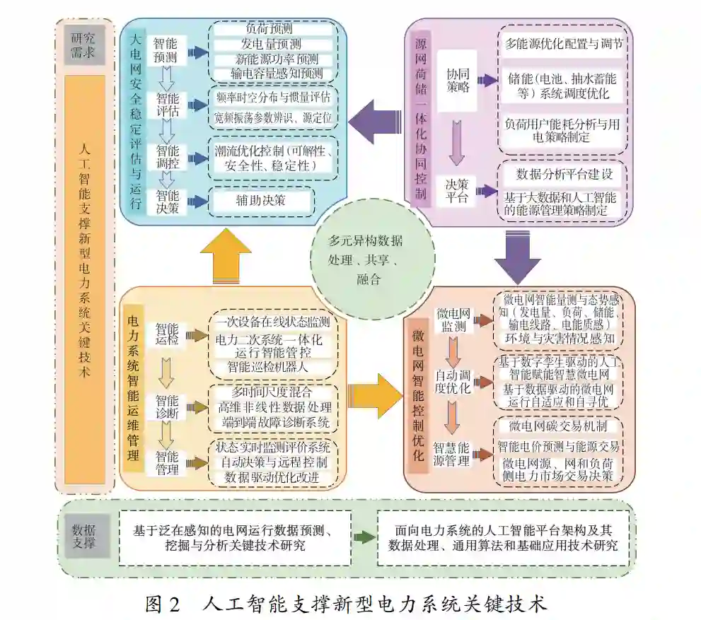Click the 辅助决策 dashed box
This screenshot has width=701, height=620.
click(260, 201)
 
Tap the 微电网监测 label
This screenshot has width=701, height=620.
click(453, 320)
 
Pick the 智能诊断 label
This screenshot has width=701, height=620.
click(168, 407)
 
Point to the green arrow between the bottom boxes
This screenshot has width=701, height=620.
click(364, 537)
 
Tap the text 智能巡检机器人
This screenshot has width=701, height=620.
click(267, 367)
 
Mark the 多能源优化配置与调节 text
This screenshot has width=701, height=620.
click(564, 43)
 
